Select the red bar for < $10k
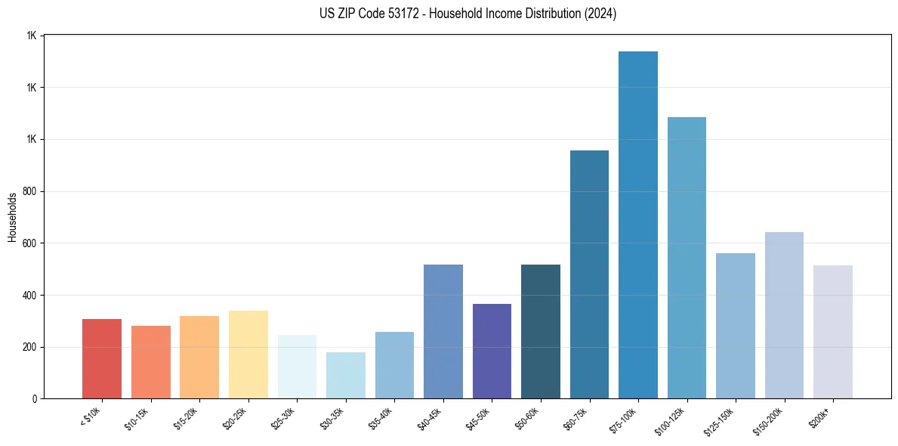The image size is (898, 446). tap(102, 358)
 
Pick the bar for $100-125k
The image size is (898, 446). tap(687, 258)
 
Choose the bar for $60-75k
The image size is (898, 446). tap(589, 274)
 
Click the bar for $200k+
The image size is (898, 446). tap(833, 332)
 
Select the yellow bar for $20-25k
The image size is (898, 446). tap(248, 354)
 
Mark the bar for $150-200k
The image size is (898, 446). tap(784, 315)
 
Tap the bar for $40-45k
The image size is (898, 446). tap(443, 331)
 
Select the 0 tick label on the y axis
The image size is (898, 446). tap(35, 399)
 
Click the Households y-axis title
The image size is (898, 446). tap(12, 217)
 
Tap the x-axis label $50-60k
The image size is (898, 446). tap(526, 417)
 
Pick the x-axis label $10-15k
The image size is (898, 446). tap(137, 417)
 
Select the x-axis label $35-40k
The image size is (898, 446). tap(381, 417)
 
